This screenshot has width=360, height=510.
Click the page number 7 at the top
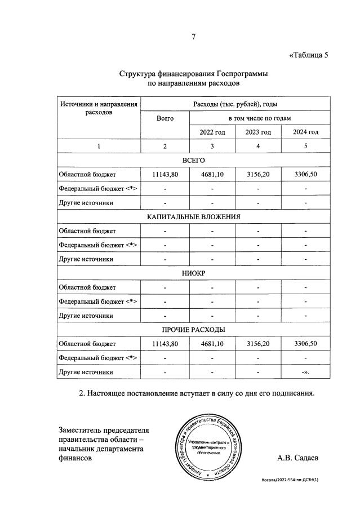(193, 37)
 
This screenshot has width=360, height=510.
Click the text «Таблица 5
(308, 55)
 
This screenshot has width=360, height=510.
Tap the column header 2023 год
(258, 132)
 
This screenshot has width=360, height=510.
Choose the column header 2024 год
(305, 132)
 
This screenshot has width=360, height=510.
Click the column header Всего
(165, 118)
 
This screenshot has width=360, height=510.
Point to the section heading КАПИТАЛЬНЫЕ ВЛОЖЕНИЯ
(193, 217)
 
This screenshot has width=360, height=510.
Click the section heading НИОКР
(193, 273)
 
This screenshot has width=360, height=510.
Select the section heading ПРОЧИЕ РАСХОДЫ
(193, 329)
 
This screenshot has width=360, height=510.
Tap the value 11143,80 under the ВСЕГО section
(165, 175)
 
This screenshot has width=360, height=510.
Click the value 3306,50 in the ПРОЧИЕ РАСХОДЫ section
(305, 343)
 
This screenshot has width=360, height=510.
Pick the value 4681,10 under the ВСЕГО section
(212, 175)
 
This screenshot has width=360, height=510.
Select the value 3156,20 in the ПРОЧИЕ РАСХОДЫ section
(258, 343)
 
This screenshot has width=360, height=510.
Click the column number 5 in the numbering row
(305, 147)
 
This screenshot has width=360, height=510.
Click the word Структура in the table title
(138, 74)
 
